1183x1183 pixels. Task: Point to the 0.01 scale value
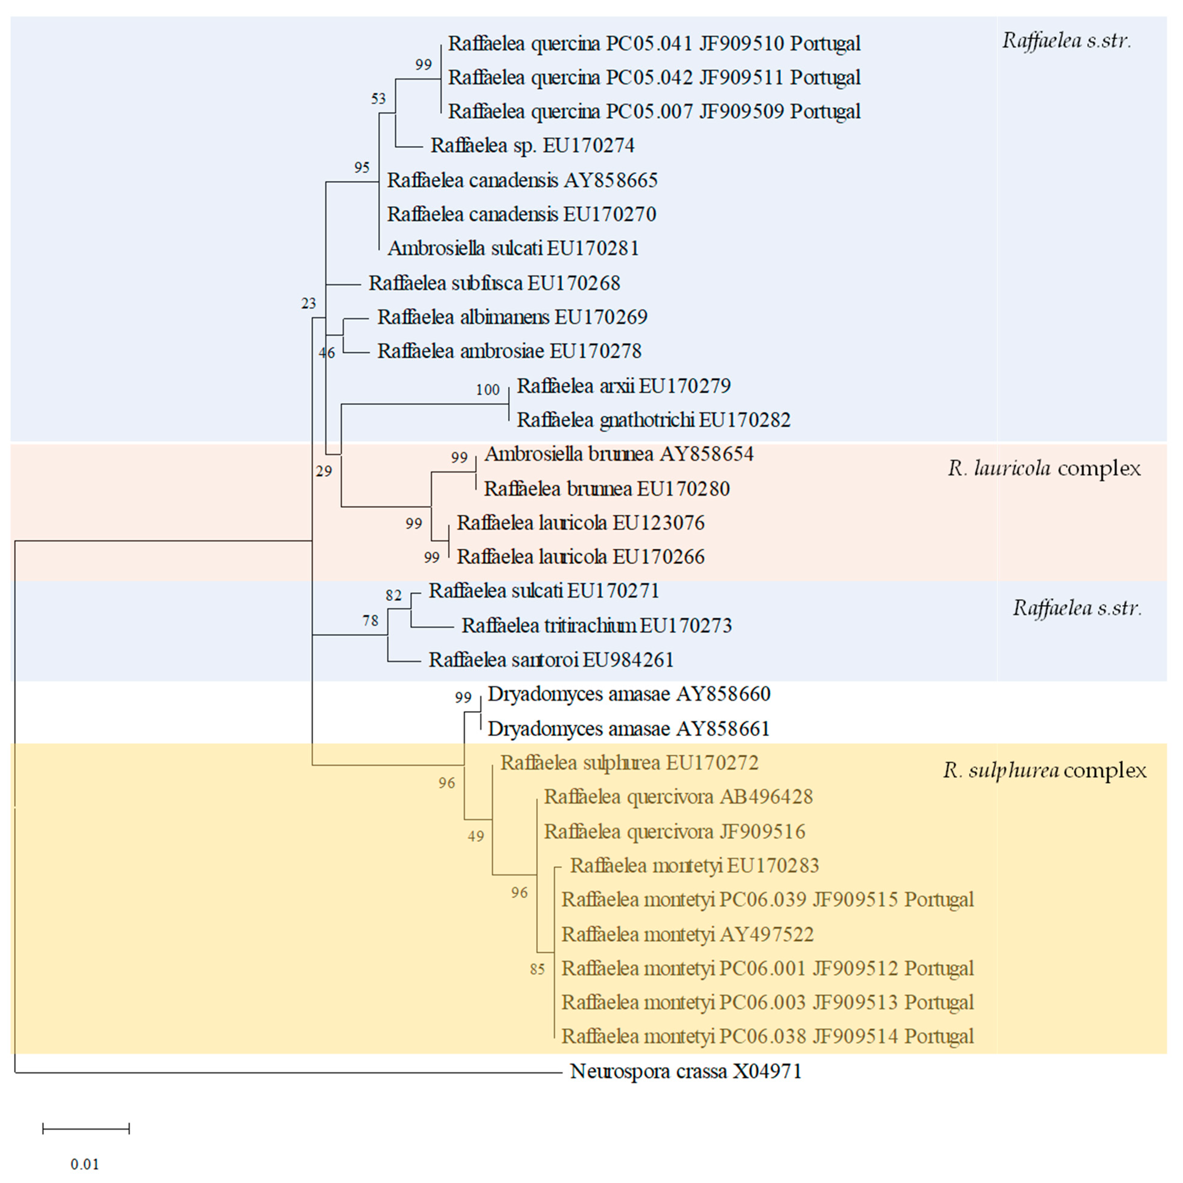85,1164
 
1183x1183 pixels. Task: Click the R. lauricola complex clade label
1044,468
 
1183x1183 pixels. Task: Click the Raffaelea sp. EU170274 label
532,146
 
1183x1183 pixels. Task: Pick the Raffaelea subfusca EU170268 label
494,283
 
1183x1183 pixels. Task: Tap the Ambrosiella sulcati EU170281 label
513,248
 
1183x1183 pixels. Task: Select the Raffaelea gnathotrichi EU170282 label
653,420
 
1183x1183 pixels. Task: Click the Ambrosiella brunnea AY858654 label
619,454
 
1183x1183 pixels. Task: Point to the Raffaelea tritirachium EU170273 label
596,625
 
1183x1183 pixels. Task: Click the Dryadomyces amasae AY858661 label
628,729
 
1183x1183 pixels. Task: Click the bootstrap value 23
309,303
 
